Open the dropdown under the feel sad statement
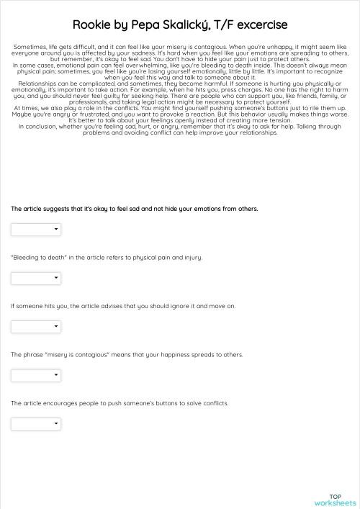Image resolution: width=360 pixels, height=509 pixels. coord(35,230)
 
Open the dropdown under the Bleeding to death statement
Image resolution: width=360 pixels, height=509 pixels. coord(35,278)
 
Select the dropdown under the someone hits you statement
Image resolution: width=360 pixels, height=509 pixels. coord(35,326)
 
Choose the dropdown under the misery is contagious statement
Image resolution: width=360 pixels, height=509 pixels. coord(35,375)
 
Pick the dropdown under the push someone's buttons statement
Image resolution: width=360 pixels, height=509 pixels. coord(35,423)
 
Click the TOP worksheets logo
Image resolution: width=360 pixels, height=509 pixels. coord(335,499)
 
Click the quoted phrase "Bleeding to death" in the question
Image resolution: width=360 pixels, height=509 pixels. coord(35,257)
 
